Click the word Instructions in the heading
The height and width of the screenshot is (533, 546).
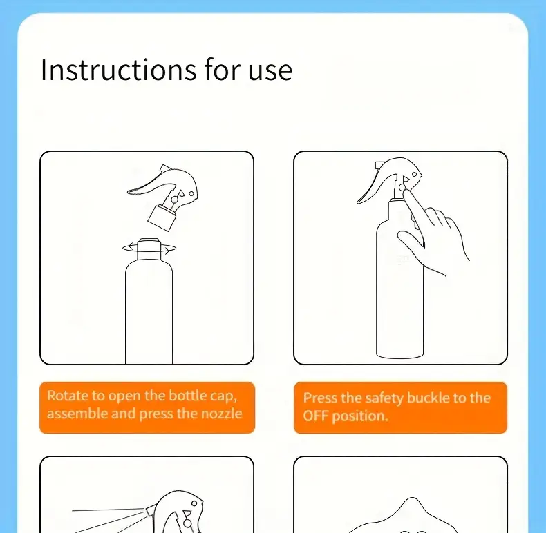(118, 70)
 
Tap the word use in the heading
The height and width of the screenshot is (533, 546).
(270, 72)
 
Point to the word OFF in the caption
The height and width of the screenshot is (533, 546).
(315, 416)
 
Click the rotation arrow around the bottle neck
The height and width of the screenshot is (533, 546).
(149, 248)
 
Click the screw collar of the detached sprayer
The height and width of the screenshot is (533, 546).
(161, 218)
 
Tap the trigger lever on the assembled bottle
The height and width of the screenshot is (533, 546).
(376, 188)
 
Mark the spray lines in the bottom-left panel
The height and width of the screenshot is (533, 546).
(109, 521)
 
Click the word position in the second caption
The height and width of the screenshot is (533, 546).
(360, 416)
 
